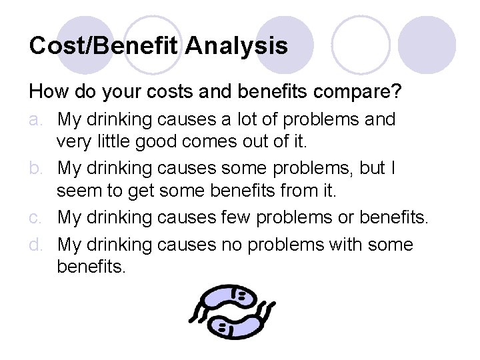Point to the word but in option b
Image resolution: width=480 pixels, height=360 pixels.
click(x=369, y=169)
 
